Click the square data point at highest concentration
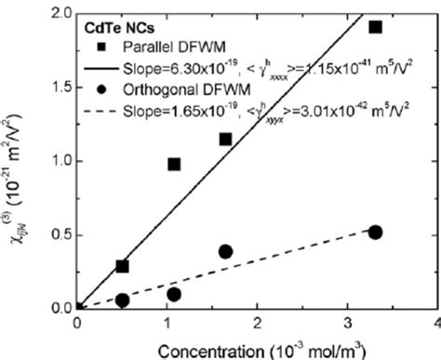(x=375, y=26)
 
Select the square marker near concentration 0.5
(x=122, y=266)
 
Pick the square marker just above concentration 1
(x=173, y=164)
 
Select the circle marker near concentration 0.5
(x=122, y=300)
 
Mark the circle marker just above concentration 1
(x=173, y=294)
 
